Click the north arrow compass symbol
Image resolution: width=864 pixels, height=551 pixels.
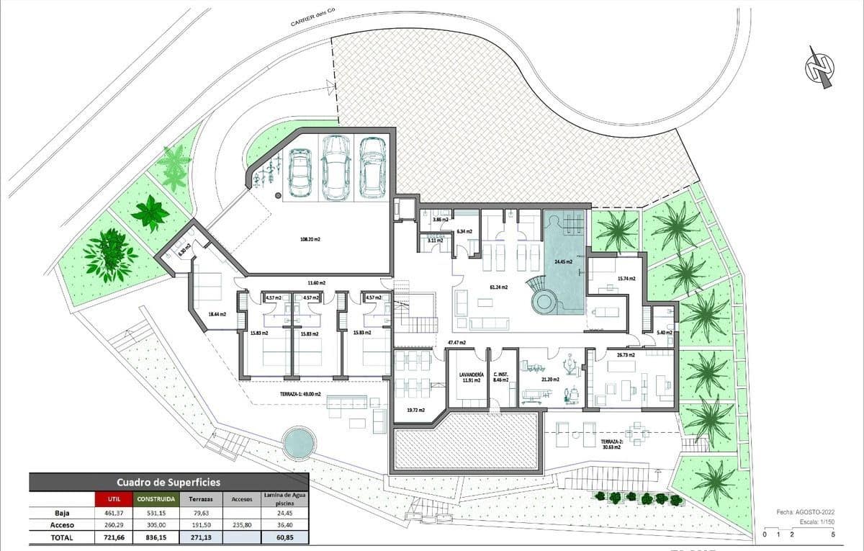819,68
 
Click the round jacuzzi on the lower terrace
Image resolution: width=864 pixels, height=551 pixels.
299,442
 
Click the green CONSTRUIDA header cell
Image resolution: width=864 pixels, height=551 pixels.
154,498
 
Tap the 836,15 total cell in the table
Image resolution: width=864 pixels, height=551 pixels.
154,537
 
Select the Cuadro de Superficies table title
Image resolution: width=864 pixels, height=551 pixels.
168,482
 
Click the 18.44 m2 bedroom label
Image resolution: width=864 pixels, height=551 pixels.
217,314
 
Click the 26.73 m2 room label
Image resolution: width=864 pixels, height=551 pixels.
625,355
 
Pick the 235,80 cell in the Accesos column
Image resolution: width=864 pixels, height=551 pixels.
244,525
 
